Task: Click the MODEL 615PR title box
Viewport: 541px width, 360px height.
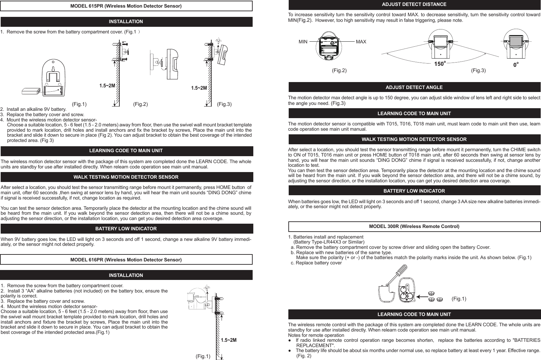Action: pos(126,6)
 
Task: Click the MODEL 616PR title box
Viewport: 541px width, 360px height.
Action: pos(126,260)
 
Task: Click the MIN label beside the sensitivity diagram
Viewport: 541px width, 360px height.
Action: pos(303,42)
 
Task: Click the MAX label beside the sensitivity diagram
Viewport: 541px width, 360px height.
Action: pos(361,42)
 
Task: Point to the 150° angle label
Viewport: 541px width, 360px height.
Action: pos(440,64)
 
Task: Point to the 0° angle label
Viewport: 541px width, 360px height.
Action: pos(516,66)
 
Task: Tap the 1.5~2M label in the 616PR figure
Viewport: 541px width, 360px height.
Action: pos(229,340)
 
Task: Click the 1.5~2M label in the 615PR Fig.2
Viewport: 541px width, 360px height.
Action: pos(107,86)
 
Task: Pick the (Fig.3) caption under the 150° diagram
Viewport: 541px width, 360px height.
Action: pos(478,70)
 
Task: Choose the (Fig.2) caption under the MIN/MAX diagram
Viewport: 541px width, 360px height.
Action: pos(339,70)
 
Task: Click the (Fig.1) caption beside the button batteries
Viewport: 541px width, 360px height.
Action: pos(459,299)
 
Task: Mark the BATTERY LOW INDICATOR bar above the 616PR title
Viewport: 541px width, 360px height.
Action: pos(126,229)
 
